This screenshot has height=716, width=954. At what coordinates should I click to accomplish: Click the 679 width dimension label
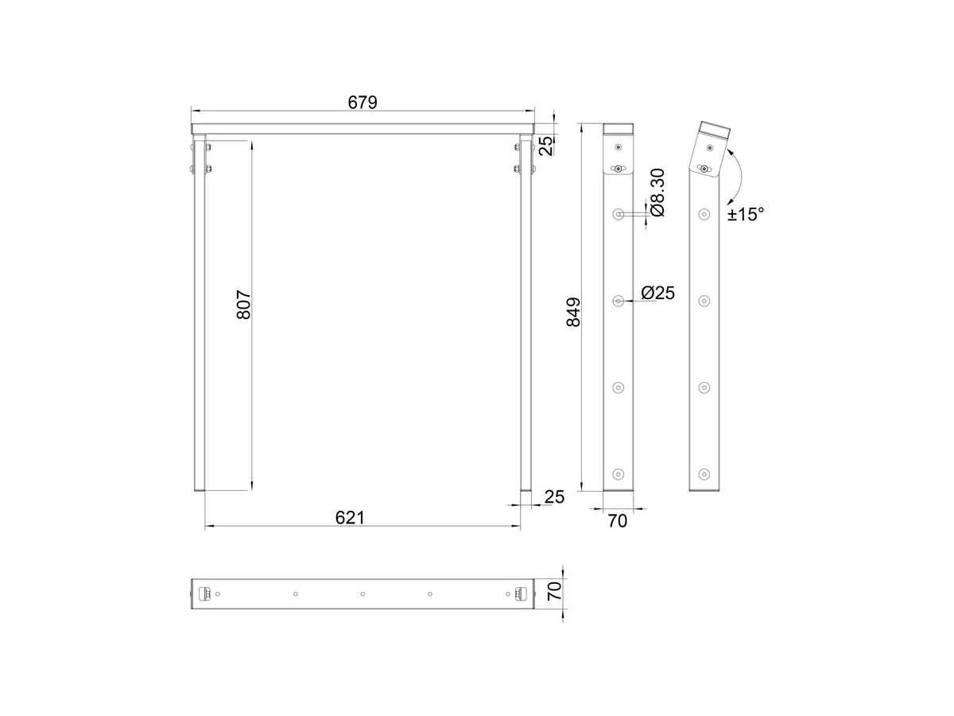363,103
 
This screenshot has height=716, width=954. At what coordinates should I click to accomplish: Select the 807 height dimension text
244,305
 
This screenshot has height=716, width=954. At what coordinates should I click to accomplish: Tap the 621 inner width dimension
350,518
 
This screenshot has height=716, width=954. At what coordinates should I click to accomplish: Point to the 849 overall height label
574,312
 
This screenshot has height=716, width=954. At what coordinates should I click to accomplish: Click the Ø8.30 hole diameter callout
658,193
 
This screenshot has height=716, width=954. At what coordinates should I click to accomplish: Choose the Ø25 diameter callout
658,293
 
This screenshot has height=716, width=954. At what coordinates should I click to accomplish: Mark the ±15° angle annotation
746,214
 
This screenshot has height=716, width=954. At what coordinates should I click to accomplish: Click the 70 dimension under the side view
618,521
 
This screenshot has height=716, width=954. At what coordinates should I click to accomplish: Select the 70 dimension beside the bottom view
555,592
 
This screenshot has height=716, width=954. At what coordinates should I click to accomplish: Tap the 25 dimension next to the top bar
547,146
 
